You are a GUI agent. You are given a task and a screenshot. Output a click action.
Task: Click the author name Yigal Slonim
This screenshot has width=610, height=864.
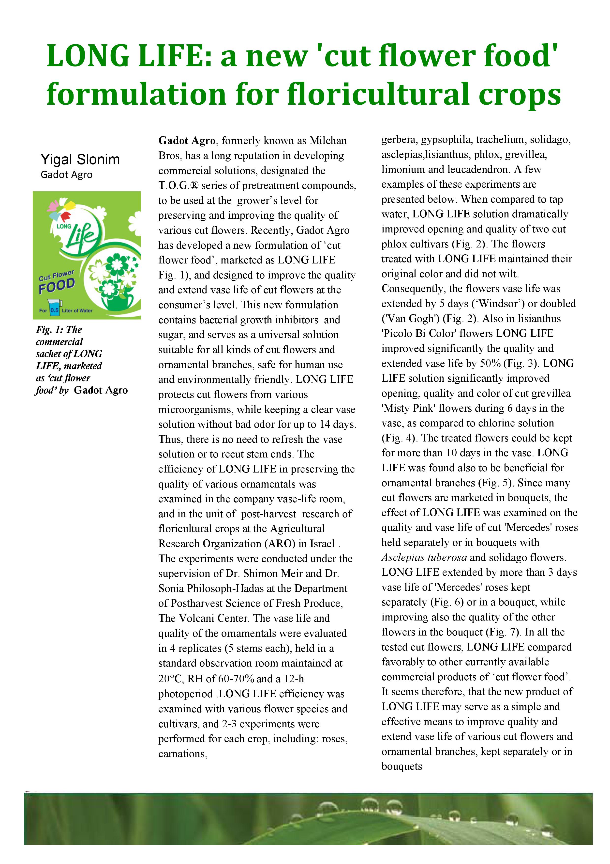click(80, 160)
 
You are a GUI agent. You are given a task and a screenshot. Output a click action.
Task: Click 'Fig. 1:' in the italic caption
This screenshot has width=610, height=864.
click(49, 330)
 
